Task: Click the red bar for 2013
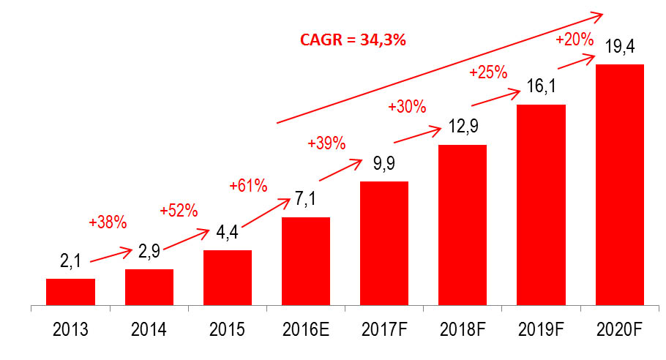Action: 70,291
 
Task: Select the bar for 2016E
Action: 305,260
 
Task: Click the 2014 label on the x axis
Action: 149,330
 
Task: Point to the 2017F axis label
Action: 384,330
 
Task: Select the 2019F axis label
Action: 541,330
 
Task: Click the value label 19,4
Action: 619,48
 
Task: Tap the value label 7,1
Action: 305,201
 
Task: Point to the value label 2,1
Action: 70,263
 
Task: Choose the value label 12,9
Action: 462,129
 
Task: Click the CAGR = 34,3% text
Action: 353,40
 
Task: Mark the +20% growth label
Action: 575,40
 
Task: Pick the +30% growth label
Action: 407,107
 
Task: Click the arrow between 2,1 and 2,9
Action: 110,252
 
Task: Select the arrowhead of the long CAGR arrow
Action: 596,15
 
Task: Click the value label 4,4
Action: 227,234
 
